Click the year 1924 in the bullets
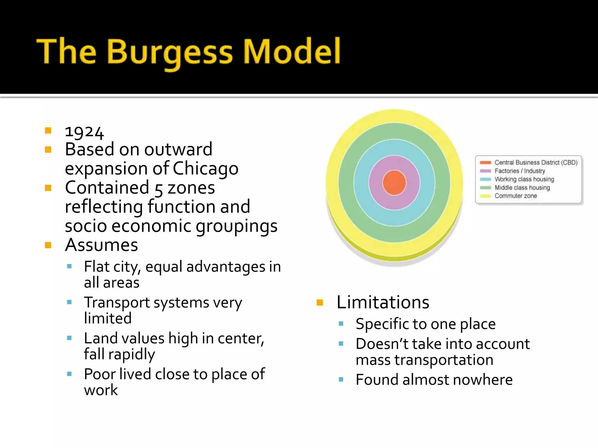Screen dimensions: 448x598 click(x=84, y=132)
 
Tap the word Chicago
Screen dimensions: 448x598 click(x=205, y=169)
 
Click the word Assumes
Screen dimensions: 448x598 click(x=101, y=245)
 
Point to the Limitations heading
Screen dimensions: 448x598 click(x=383, y=302)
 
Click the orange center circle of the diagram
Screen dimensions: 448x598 click(x=394, y=183)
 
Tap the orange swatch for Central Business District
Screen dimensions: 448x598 click(x=485, y=163)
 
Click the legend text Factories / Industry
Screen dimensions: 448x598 click(x=520, y=171)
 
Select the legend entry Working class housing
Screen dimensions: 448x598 click(x=524, y=179)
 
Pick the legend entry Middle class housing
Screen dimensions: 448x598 click(x=522, y=188)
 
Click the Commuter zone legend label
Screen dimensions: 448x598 click(x=516, y=196)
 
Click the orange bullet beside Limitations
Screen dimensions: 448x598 click(x=320, y=302)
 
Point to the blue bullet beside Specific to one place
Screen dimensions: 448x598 click(x=341, y=324)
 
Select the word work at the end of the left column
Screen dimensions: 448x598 click(x=101, y=390)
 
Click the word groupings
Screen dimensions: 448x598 click(x=237, y=226)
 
